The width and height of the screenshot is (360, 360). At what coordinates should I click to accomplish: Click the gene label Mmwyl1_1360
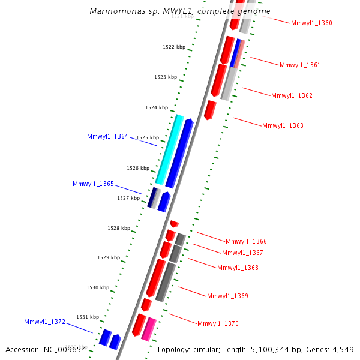coord(311,23)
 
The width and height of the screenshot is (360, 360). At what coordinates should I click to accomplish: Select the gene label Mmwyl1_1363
coord(283,125)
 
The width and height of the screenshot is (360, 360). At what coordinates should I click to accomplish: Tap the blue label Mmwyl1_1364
coord(107,136)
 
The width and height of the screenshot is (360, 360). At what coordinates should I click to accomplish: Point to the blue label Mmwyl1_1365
coord(93,183)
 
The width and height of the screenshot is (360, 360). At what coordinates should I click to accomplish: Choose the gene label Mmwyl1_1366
coord(246,241)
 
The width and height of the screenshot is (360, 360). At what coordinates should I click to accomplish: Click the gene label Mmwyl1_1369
coord(227,296)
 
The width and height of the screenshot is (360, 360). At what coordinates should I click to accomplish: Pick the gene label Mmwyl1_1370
coord(218,323)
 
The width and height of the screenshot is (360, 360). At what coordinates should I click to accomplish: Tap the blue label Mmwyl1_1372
coord(44,322)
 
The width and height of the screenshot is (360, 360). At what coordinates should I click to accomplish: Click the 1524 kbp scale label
coord(157,107)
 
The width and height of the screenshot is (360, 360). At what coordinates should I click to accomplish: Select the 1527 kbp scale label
coord(128,197)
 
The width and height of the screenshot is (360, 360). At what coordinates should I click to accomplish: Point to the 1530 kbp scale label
coord(98,287)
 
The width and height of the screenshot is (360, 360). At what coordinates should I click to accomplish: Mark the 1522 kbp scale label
coord(174,47)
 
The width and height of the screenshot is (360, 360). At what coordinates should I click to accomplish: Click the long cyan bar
coord(169,149)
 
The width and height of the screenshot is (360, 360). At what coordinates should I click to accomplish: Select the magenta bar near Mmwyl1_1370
coord(149,329)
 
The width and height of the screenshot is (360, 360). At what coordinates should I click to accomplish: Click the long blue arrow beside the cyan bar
coord(179,154)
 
